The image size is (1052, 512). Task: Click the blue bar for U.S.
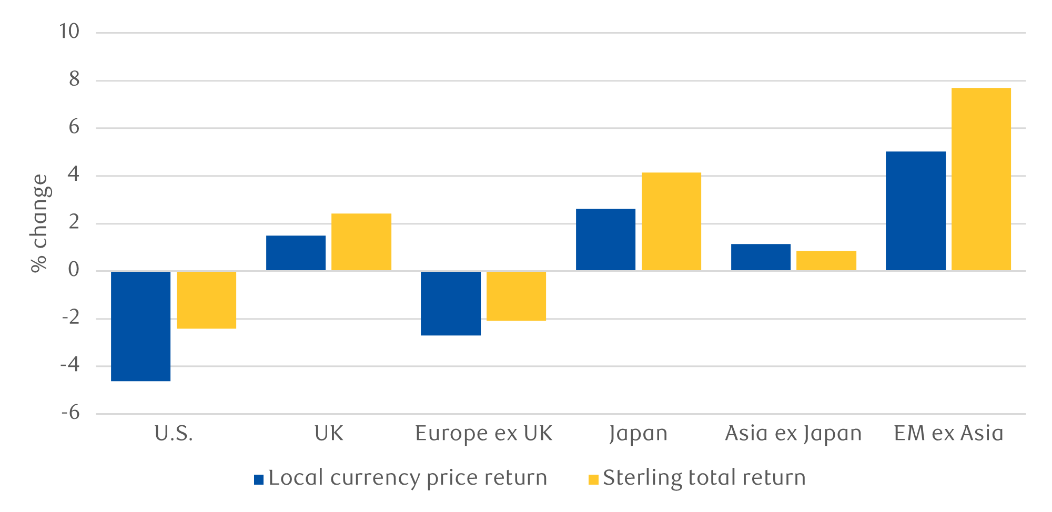click(140, 326)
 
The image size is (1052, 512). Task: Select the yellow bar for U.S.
click(206, 300)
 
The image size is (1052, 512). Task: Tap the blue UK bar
click(296, 253)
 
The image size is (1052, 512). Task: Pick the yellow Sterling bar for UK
click(361, 242)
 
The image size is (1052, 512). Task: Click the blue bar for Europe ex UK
click(451, 303)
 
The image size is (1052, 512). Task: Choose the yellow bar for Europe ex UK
click(516, 296)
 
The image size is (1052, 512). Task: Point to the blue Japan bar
click(605, 240)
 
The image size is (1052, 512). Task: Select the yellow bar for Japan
click(671, 222)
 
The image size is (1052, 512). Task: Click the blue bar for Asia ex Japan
click(761, 258)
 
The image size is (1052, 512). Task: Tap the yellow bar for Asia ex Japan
click(826, 261)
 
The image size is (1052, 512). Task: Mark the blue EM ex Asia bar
click(915, 211)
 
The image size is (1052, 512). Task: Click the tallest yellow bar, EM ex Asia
click(981, 179)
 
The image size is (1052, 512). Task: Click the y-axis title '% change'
click(40, 223)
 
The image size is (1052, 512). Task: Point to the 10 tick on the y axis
click(69, 32)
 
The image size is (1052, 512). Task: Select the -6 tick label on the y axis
click(70, 413)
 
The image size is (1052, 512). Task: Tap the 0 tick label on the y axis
click(74, 270)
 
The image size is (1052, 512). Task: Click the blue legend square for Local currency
click(259, 479)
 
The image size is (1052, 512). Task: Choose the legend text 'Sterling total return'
click(704, 478)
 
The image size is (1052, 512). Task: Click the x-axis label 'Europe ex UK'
click(483, 434)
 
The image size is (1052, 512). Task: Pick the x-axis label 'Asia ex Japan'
click(793, 434)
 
